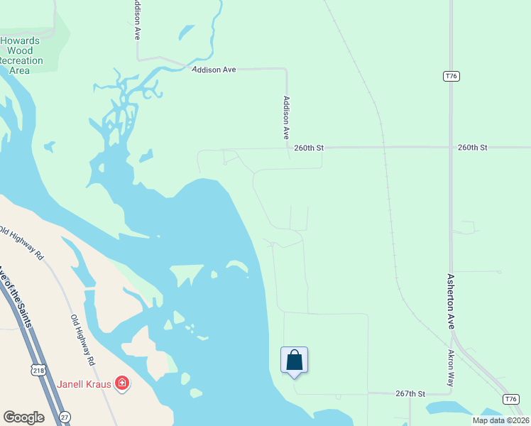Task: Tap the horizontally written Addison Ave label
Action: pos(213,70)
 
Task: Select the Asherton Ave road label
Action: pos(449,301)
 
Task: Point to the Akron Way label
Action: pos(451,367)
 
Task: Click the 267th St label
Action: pos(410,393)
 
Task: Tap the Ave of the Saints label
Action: pos(16,295)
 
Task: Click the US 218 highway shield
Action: pos(38,369)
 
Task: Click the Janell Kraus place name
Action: pos(84,384)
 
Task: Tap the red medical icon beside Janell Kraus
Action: pos(122,383)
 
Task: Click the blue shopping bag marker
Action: pos(294,361)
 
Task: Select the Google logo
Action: pos(23,417)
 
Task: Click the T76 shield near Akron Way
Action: pos(510,399)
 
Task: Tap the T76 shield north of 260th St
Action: pos(450,76)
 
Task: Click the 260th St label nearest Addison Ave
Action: pos(310,148)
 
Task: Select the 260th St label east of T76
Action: pos(473,148)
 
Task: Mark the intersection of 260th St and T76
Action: pos(451,148)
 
